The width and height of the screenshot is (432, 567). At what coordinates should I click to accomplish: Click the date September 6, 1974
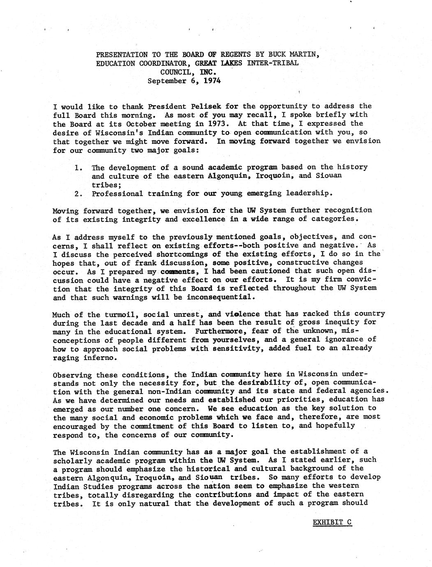(184, 81)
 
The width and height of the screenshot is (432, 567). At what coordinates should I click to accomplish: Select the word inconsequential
(221, 297)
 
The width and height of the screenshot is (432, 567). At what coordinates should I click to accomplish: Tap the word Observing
(72, 375)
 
